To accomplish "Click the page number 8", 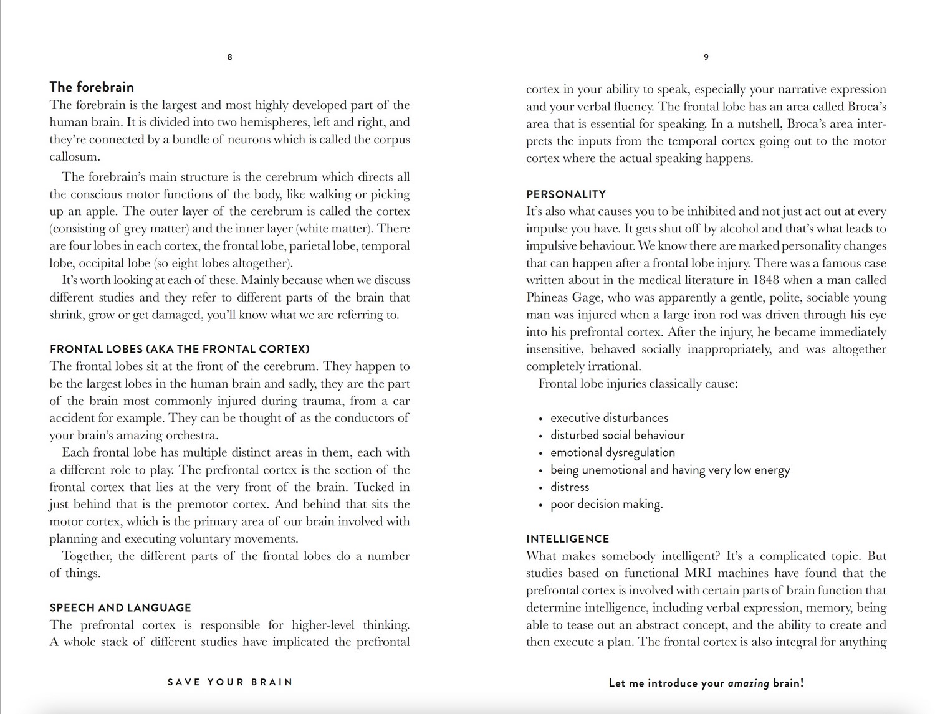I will pyautogui.click(x=229, y=57).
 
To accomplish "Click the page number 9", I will pyautogui.click(x=706, y=57).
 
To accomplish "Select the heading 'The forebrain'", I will pyautogui.click(x=92, y=87).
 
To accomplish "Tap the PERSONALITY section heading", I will pyautogui.click(x=565, y=194).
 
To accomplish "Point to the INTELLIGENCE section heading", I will pyautogui.click(x=567, y=539).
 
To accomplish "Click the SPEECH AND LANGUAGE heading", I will pyautogui.click(x=120, y=607).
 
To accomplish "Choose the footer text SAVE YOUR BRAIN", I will pyautogui.click(x=230, y=682).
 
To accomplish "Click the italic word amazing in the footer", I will pyautogui.click(x=749, y=683).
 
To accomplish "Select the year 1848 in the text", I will pyautogui.click(x=767, y=280).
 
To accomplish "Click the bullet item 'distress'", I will pyautogui.click(x=570, y=487).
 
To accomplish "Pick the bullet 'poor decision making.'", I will pyautogui.click(x=607, y=504).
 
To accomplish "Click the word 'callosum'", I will pyautogui.click(x=74, y=157).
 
